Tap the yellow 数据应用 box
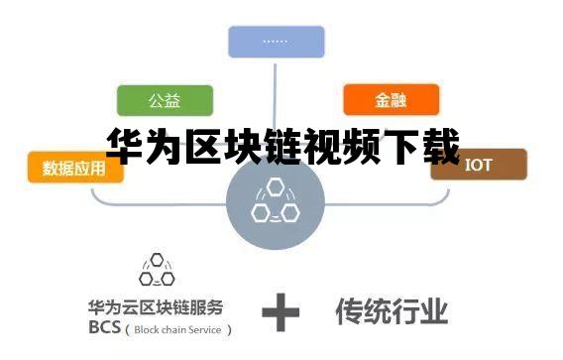(75, 169)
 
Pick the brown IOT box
(479, 164)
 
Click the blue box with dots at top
(276, 42)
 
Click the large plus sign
(281, 314)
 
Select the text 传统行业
(392, 310)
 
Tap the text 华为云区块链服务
(155, 306)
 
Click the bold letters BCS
(104, 327)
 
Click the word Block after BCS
(145, 328)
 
